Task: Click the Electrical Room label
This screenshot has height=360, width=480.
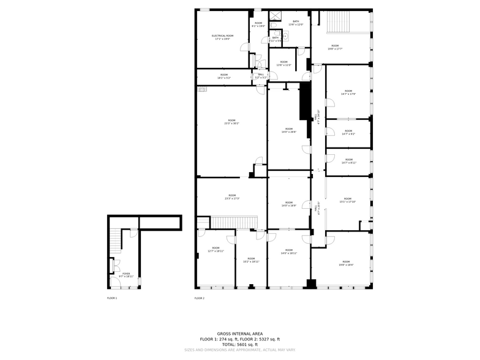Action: [x=222, y=37]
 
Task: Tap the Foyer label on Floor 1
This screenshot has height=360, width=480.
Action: [x=126, y=275]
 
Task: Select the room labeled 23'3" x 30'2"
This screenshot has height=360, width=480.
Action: [x=231, y=122]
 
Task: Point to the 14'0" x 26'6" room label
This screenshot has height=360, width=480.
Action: [x=288, y=130]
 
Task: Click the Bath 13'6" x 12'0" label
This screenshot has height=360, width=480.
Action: [x=296, y=23]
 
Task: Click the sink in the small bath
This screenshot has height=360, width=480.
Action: [x=285, y=37]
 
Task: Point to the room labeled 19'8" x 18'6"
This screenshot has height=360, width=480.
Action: [x=346, y=263]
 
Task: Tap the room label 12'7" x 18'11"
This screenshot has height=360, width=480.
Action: [x=216, y=249]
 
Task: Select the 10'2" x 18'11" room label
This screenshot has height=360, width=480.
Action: [x=251, y=260]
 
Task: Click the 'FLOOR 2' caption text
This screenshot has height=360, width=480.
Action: [x=199, y=298]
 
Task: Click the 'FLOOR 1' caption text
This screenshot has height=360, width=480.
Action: [x=111, y=298]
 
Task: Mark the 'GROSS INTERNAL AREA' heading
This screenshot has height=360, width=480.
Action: [x=239, y=334]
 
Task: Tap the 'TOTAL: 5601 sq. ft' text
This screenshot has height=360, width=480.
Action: [x=239, y=344]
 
